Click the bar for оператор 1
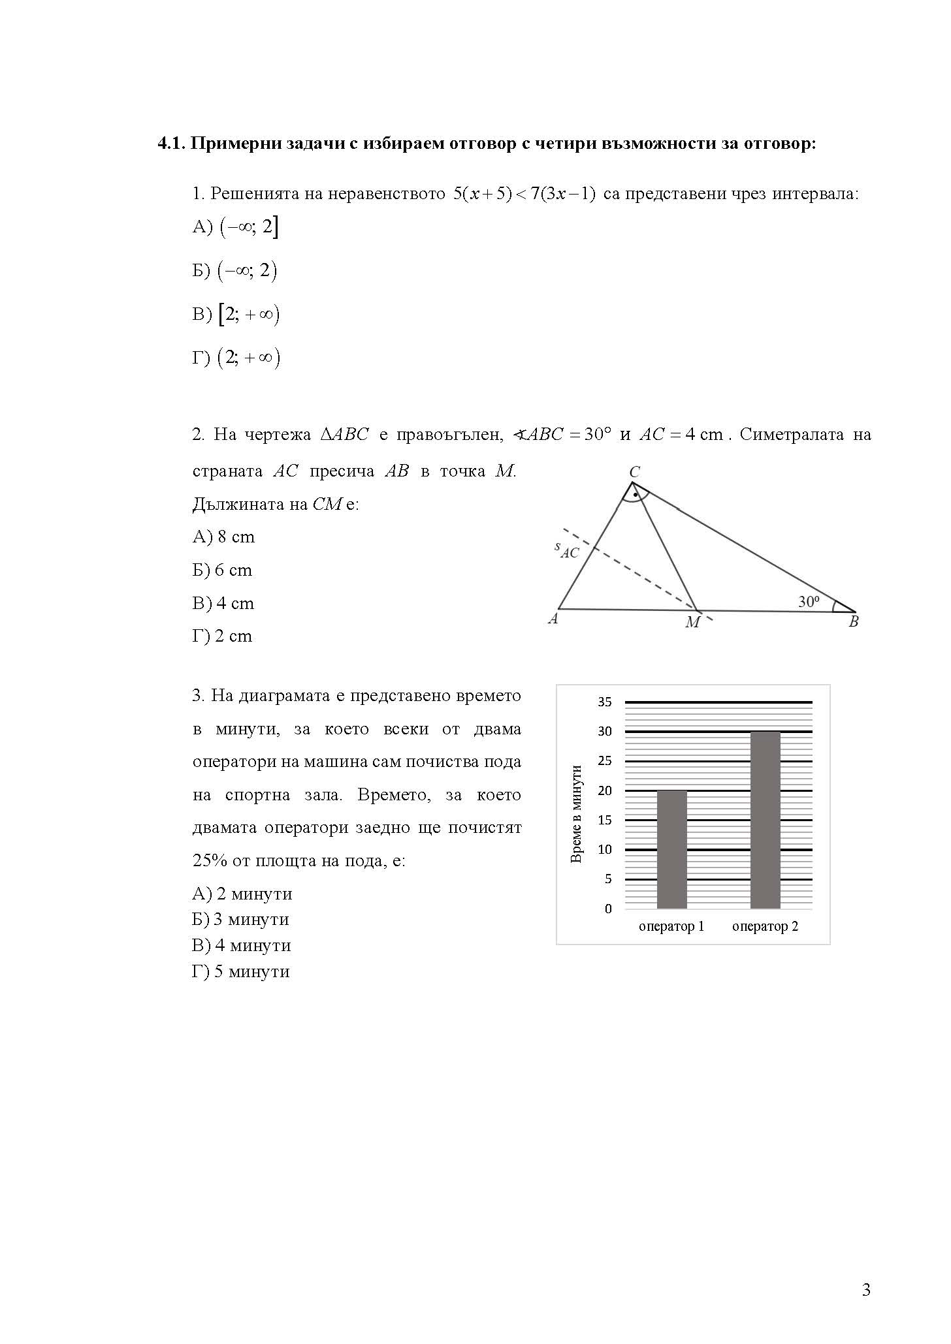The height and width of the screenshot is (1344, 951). coord(671,849)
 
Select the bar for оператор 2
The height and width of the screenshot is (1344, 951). coord(765,820)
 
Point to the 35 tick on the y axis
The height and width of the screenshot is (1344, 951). coord(605,702)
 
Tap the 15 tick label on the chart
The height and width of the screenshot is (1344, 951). coord(605,820)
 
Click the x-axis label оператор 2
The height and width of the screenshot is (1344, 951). coord(765,926)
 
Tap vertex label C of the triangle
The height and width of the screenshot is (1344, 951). coord(634,471)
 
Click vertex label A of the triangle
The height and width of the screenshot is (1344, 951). coord(553,619)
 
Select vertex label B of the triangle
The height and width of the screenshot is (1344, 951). coord(853,622)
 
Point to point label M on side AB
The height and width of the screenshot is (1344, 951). coord(692,623)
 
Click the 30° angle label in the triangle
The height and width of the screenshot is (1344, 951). coord(809,602)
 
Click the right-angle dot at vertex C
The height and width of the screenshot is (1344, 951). coord(635,495)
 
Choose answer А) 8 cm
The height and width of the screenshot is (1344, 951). coord(223,537)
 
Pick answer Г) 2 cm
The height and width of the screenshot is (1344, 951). coord(222,636)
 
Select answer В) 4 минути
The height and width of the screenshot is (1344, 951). coord(241,945)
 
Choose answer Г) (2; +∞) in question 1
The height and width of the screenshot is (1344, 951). coord(236,358)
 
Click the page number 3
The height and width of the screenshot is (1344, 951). coord(866,1290)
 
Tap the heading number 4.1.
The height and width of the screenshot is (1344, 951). coord(172,144)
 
